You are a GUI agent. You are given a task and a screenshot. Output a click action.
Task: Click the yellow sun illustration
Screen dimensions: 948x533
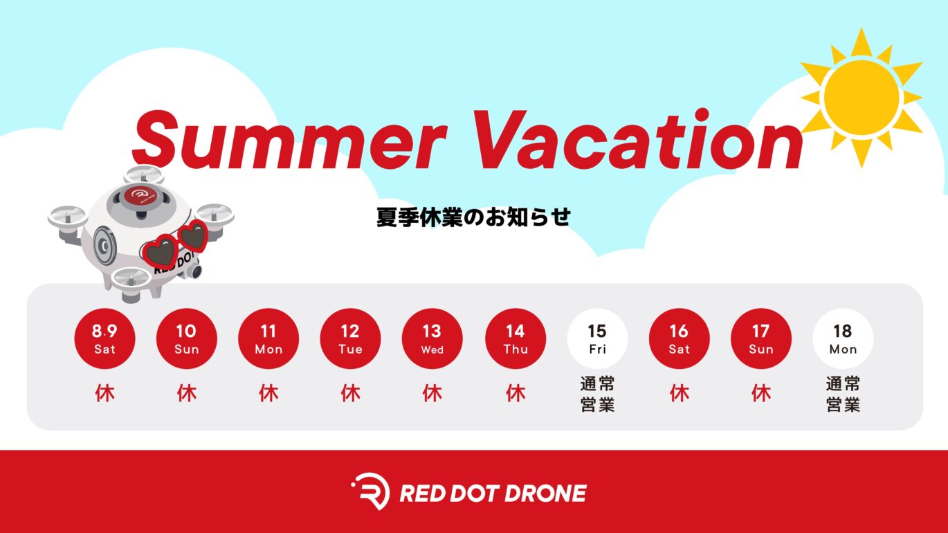click(862, 98)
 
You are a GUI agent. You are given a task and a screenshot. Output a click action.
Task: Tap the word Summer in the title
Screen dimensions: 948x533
click(290, 140)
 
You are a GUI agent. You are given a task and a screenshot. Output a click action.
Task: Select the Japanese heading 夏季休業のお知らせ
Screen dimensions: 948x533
click(473, 217)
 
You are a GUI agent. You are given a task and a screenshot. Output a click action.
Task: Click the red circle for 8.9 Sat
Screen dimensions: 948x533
click(104, 338)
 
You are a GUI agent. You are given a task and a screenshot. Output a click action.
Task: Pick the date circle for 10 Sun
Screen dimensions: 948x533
click(187, 338)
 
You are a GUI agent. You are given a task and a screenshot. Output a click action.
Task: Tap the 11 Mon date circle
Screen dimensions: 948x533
click(268, 338)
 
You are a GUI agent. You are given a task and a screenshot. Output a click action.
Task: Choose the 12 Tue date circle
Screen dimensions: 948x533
click(350, 338)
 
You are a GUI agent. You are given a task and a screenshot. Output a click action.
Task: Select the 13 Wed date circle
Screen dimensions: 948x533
click(432, 338)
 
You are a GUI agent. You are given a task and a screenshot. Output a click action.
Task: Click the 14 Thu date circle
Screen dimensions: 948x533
click(516, 338)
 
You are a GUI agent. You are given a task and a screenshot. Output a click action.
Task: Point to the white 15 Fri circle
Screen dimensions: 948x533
click(597, 338)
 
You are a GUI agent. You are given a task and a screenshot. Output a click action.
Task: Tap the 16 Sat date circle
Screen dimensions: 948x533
click(680, 338)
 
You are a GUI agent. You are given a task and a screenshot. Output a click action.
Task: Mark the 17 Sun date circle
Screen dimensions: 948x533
click(761, 338)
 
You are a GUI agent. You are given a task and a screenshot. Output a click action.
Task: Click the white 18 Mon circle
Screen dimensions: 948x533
click(843, 338)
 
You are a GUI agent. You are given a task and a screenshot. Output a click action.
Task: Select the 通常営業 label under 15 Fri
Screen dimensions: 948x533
click(597, 395)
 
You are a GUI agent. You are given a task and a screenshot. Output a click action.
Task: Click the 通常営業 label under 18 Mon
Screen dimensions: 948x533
click(843, 395)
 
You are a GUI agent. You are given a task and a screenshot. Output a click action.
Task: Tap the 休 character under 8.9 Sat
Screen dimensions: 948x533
click(104, 393)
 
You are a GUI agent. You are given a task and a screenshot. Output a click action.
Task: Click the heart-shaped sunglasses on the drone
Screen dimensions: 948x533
click(176, 244)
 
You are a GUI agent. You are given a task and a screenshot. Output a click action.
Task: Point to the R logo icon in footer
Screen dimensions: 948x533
click(370, 491)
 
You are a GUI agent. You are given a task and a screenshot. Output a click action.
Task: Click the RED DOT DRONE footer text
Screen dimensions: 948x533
click(493, 494)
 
